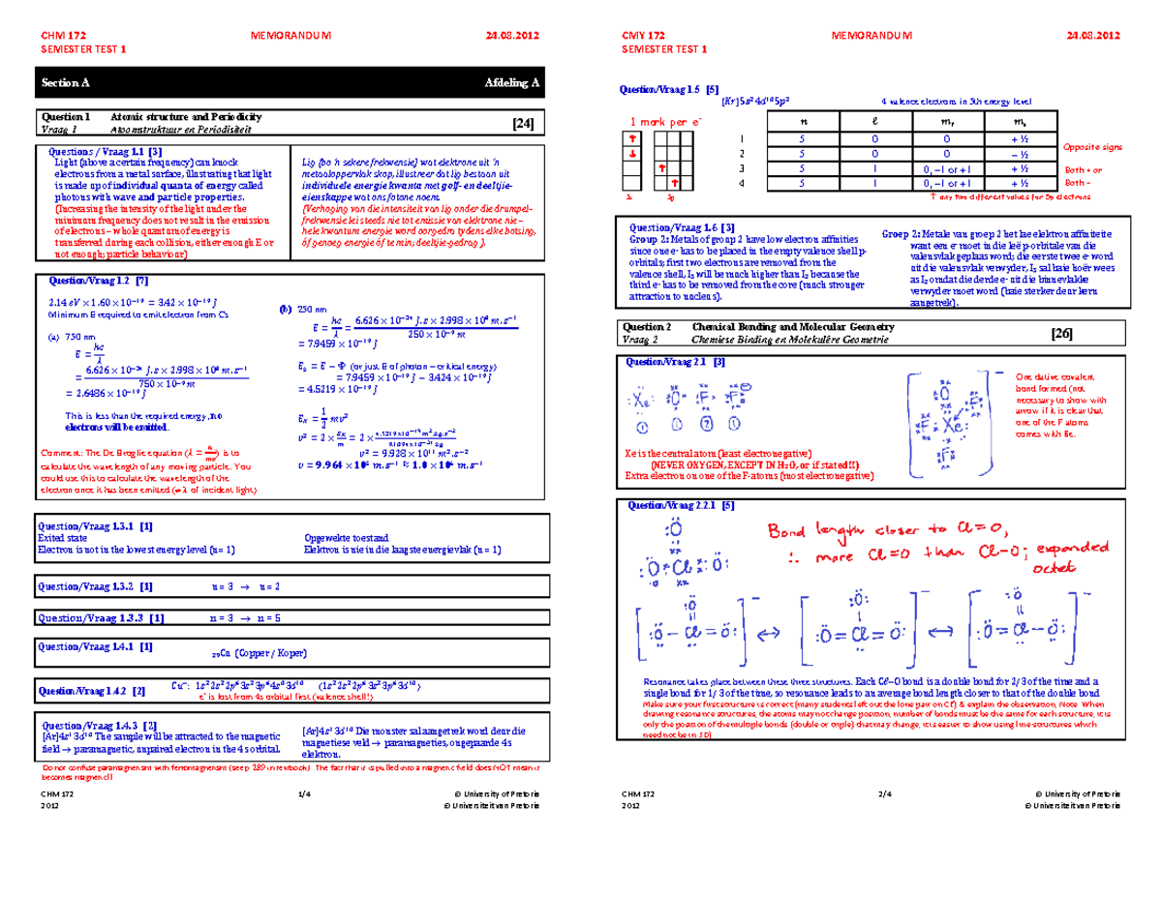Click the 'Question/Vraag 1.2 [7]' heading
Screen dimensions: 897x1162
pyautogui.click(x=91, y=281)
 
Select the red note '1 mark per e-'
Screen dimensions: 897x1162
pyautogui.click(x=665, y=122)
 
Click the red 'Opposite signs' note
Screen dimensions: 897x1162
pyautogui.click(x=1092, y=147)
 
